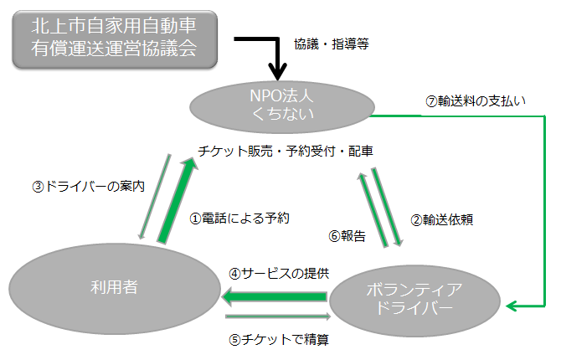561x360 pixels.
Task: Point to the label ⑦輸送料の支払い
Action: tap(475, 101)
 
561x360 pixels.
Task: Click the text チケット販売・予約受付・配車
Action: tap(286, 151)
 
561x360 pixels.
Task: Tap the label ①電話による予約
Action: tap(239, 218)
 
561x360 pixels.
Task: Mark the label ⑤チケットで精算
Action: tap(278, 339)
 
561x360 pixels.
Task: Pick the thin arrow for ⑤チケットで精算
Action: tap(276, 316)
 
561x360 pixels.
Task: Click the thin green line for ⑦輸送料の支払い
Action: tap(543, 209)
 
